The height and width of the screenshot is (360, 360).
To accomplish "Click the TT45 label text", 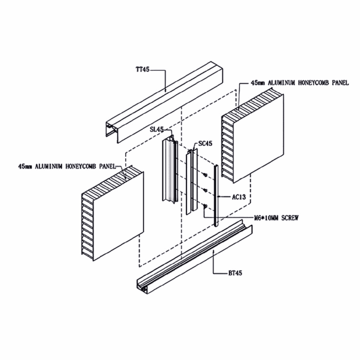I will [143, 70].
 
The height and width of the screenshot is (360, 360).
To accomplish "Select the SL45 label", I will [156, 130].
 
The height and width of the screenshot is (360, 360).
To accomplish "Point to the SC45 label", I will [205, 143].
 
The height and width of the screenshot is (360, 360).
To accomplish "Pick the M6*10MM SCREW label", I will [276, 218].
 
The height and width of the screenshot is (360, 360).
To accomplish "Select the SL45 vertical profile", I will [169, 169].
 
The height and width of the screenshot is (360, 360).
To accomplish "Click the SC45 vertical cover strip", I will [191, 183].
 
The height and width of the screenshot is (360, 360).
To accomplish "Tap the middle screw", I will [205, 190].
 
